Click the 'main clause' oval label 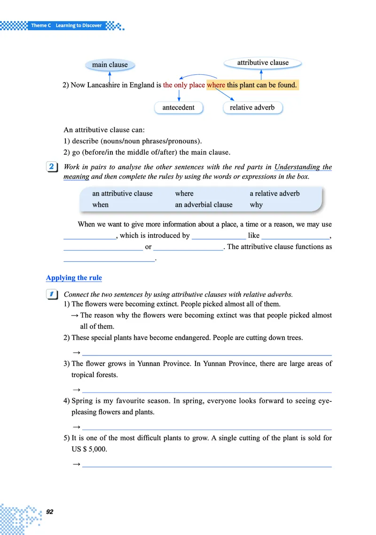[110, 64]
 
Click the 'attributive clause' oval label [263, 63]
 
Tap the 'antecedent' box [178, 108]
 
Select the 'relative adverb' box [252, 108]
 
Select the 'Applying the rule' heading [74, 278]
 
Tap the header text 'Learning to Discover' [78, 25]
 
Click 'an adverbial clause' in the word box [204, 205]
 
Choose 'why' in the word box [256, 205]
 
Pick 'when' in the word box [100, 205]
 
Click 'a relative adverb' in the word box [274, 193]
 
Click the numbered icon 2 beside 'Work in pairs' [52, 167]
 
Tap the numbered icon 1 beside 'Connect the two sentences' [52, 294]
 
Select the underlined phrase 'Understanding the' [303, 167]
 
